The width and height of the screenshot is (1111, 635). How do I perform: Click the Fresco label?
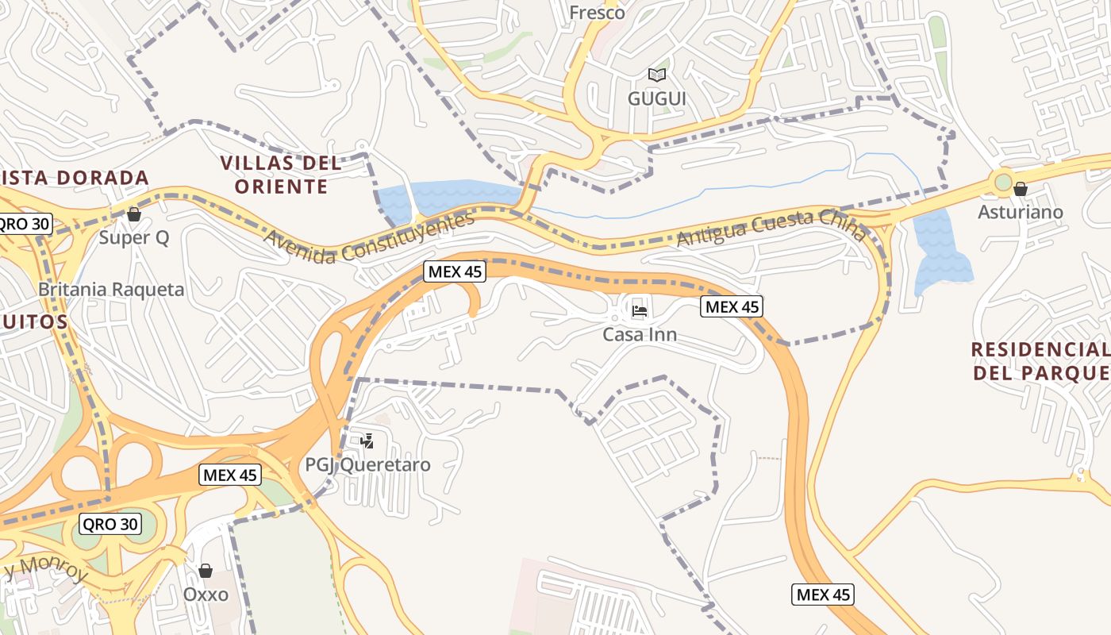(x=598, y=13)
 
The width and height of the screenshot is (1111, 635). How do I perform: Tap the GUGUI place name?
(x=656, y=98)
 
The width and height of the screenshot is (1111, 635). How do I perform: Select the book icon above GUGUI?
(x=656, y=75)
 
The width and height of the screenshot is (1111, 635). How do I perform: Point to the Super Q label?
(x=133, y=237)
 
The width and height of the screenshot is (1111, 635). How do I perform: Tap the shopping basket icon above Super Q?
(x=133, y=214)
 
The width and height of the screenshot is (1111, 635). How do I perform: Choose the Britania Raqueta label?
(x=111, y=289)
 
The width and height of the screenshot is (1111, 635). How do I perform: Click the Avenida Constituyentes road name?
(x=369, y=236)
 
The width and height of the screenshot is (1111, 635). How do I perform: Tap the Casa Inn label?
(x=640, y=334)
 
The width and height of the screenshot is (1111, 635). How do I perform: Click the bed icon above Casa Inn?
(x=640, y=310)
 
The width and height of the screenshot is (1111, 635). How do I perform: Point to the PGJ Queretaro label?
(x=368, y=464)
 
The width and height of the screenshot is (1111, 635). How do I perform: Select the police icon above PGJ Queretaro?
(x=367, y=441)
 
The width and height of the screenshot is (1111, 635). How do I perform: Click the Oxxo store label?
(x=206, y=595)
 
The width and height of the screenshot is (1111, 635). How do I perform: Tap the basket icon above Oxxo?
(x=206, y=571)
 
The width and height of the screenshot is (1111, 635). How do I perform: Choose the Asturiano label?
(x=1020, y=212)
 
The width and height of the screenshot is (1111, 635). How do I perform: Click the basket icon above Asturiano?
(x=1021, y=189)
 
